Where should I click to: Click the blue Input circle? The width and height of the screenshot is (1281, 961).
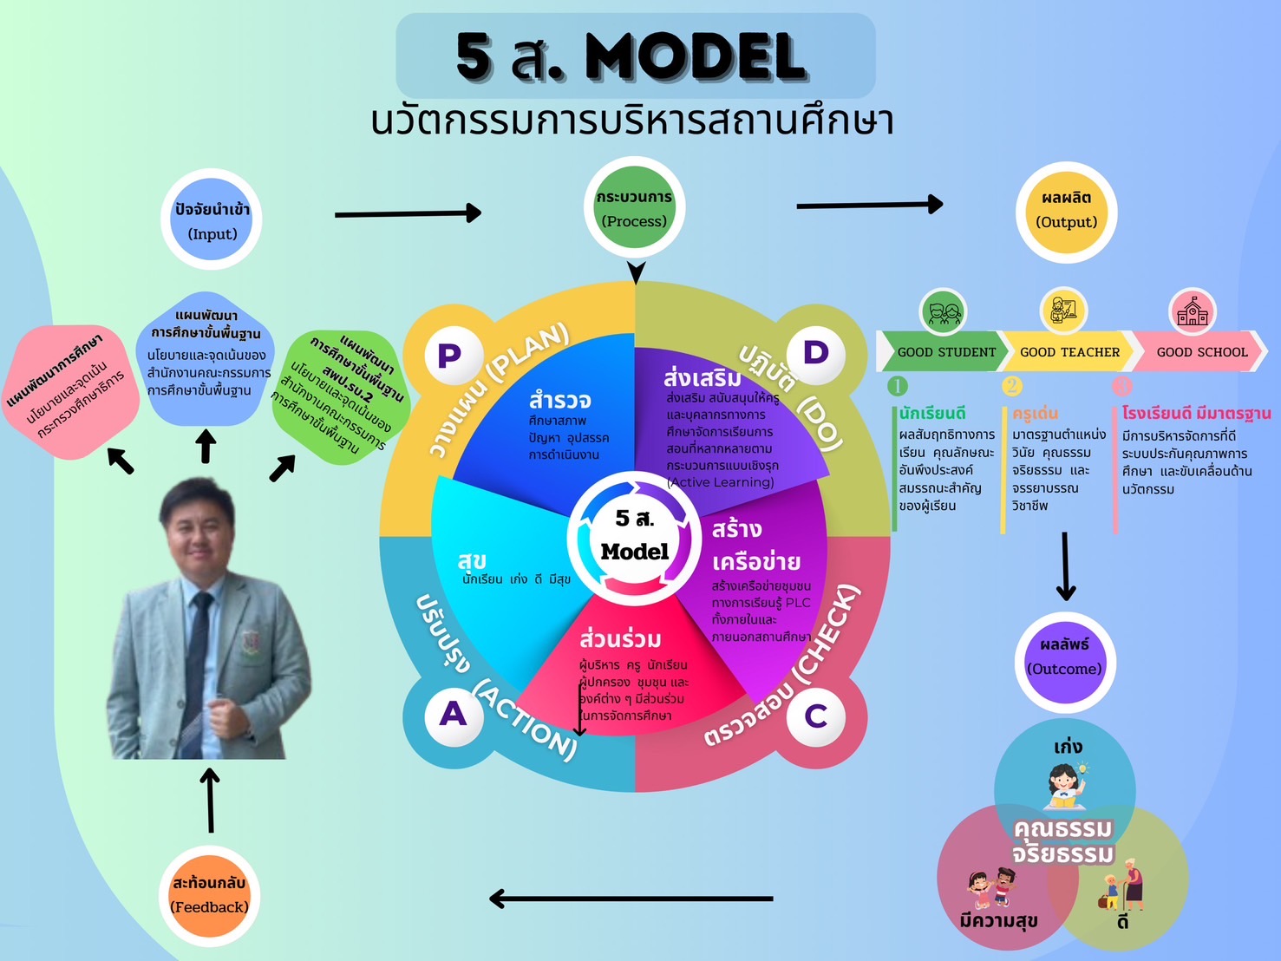tap(212, 220)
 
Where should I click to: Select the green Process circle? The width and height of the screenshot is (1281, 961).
tap(634, 208)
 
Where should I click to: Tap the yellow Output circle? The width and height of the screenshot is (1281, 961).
tap(1066, 212)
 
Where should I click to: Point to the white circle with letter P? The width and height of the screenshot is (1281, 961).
tap(449, 355)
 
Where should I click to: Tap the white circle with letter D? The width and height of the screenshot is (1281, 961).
tap(816, 352)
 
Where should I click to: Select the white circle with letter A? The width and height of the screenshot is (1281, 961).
tap(453, 714)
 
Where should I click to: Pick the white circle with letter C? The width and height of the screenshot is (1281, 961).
tap(815, 716)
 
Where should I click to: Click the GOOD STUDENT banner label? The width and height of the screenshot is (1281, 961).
tap(946, 352)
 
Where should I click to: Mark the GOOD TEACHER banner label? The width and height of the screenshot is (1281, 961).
tap(1069, 352)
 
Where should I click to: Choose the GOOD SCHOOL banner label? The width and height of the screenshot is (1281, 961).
tap(1201, 352)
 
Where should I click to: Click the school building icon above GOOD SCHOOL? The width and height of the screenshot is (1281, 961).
tap(1193, 311)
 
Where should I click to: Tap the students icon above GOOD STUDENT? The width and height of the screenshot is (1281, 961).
tap(944, 311)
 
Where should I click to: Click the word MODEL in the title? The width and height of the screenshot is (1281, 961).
tap(696, 58)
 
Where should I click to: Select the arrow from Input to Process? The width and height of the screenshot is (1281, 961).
tap(408, 212)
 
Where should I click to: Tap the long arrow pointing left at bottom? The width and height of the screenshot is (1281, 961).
tap(631, 899)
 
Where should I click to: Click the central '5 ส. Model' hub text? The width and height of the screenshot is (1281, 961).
tap(635, 535)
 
